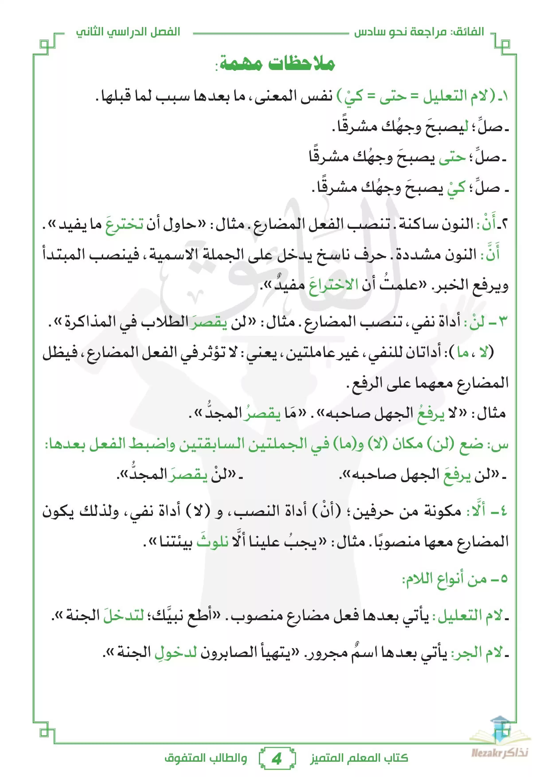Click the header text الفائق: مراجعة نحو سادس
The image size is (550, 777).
(419, 33)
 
